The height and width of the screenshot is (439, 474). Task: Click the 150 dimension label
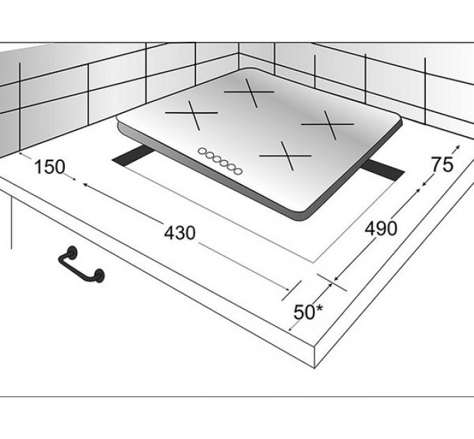[49, 167]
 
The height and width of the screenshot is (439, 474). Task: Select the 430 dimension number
[180, 233]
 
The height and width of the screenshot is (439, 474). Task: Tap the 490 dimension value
[381, 229]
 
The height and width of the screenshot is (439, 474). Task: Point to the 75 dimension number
[442, 164]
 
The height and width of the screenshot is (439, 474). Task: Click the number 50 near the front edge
[304, 312]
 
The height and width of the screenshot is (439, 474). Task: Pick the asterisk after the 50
[319, 309]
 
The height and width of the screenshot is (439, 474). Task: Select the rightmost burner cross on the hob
[328, 125]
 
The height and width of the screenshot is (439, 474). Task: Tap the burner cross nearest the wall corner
[250, 92]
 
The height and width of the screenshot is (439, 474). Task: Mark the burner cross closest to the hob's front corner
[286, 156]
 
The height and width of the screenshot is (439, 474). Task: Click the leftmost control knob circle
[201, 151]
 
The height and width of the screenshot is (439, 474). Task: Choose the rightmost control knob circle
[238, 171]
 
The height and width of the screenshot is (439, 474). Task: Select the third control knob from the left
[217, 159]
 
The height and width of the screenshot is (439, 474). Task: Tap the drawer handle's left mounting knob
[72, 252]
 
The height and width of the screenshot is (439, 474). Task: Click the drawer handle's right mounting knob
[99, 275]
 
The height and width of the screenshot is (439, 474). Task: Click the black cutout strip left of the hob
[133, 155]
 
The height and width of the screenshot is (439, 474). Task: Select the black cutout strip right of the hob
[383, 170]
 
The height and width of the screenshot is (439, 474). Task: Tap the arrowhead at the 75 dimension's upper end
[458, 147]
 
